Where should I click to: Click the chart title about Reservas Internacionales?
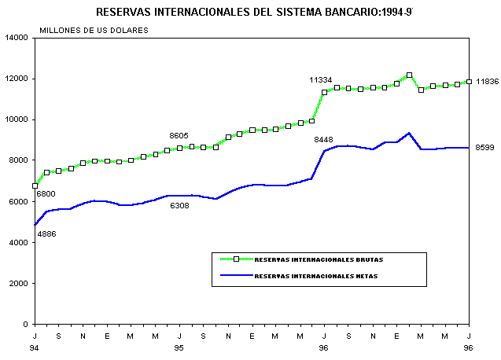click(254, 13)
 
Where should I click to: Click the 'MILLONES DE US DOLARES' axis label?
click(94, 30)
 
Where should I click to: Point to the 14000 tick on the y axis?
click(17, 38)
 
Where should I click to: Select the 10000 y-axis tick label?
click(17, 119)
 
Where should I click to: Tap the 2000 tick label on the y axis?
click(20, 283)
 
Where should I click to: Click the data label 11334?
click(320, 80)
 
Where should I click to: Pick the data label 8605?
click(181, 135)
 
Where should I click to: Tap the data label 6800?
click(46, 193)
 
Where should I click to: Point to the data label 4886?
click(46, 233)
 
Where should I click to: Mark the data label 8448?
click(324, 140)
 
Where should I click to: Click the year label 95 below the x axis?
click(179, 347)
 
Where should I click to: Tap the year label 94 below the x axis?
click(35, 347)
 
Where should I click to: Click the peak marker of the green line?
click(409, 75)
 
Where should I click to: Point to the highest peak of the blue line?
click(409, 133)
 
